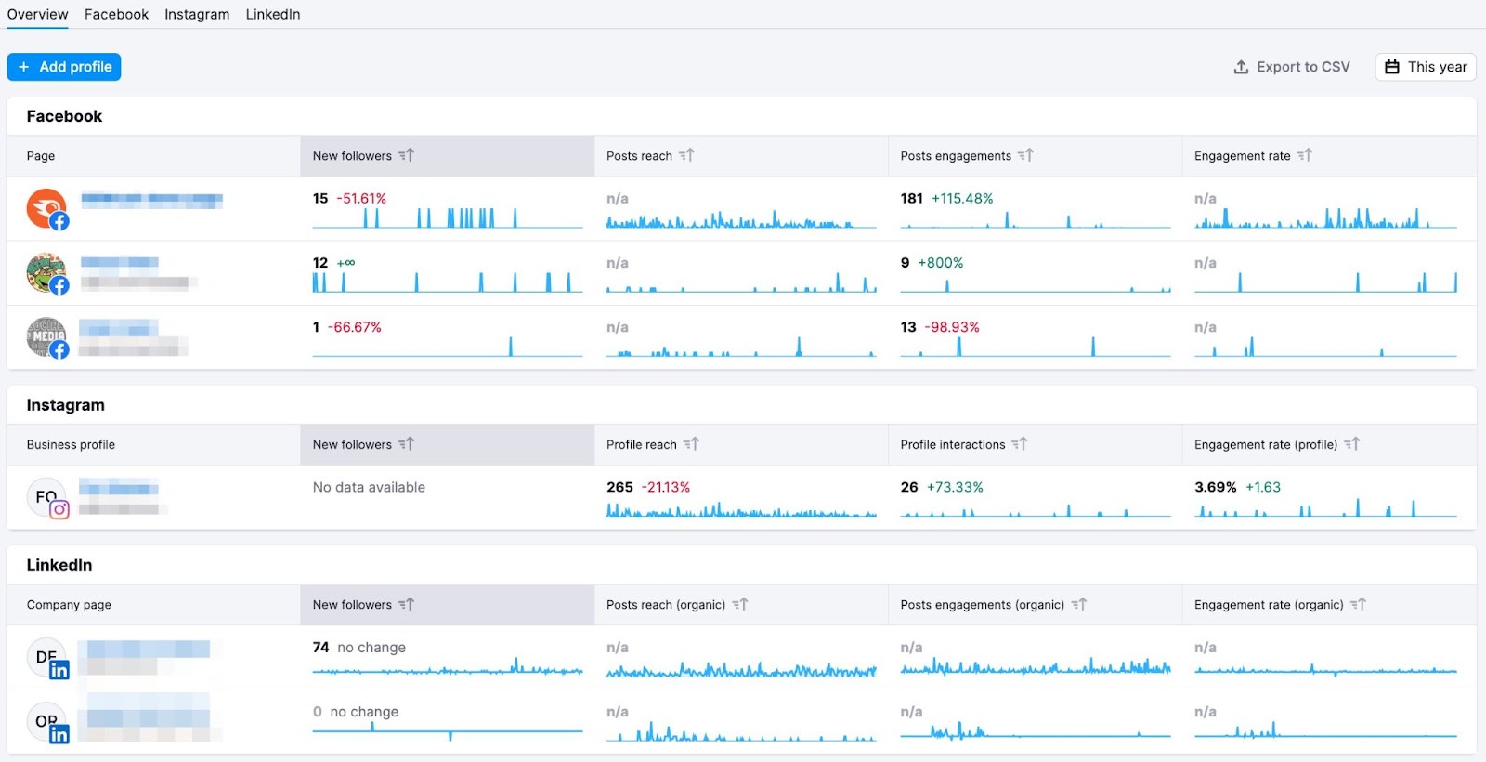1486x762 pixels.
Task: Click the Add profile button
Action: [64, 67]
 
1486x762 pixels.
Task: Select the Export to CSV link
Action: [1292, 67]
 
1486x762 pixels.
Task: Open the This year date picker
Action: [1426, 67]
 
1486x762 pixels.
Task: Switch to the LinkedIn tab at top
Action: [273, 14]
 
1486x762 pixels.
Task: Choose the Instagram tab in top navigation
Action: [197, 14]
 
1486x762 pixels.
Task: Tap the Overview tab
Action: [37, 14]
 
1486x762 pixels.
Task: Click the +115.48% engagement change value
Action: [962, 199]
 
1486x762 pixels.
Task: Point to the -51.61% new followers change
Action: [361, 199]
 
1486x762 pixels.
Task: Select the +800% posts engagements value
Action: [941, 263]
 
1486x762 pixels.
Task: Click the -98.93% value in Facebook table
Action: [952, 327]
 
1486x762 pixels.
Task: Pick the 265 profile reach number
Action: [619, 487]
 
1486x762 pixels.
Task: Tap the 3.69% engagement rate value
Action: [1215, 487]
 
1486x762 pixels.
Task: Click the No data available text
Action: [369, 487]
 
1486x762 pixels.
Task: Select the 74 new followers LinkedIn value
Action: [320, 648]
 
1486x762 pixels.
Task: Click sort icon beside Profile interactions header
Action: [1020, 444]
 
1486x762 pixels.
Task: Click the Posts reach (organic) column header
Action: [666, 605]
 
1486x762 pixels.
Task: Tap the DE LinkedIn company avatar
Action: [46, 657]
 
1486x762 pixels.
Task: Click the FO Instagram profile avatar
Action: [46, 497]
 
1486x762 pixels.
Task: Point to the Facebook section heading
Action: [64, 116]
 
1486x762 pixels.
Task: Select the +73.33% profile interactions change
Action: [955, 487]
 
